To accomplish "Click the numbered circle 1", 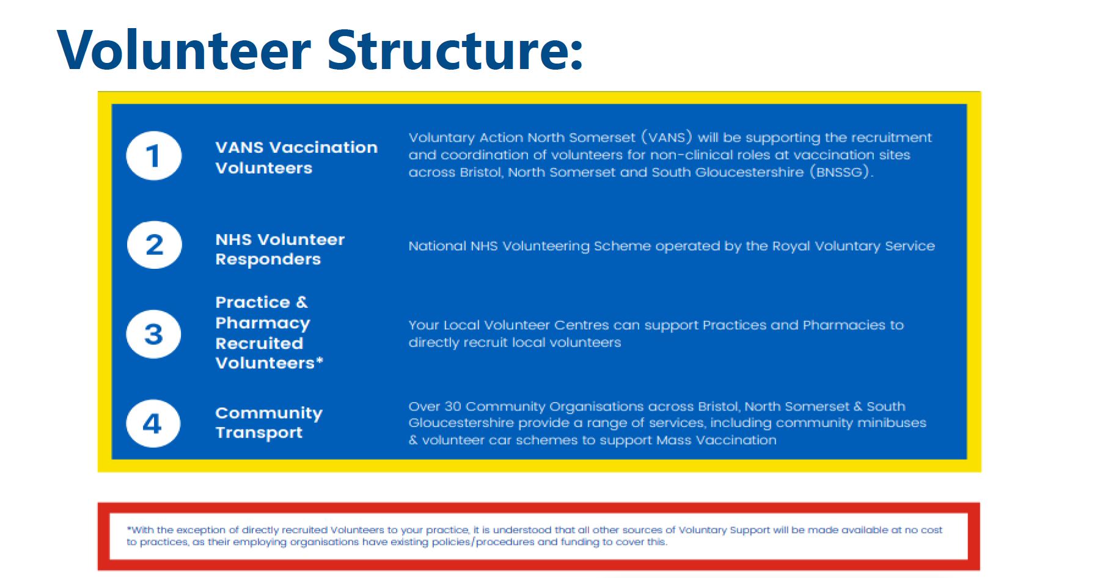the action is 154,156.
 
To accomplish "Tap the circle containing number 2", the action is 155,245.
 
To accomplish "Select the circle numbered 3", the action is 154,334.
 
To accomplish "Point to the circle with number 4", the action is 153,423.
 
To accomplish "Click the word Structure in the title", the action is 449,50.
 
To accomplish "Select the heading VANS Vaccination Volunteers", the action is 296,158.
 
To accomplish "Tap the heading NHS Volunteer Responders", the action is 280,249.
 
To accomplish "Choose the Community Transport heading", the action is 269,423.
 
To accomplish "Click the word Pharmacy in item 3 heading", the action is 263,323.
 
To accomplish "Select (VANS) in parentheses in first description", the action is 667,137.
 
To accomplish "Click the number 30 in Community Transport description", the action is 453,406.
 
